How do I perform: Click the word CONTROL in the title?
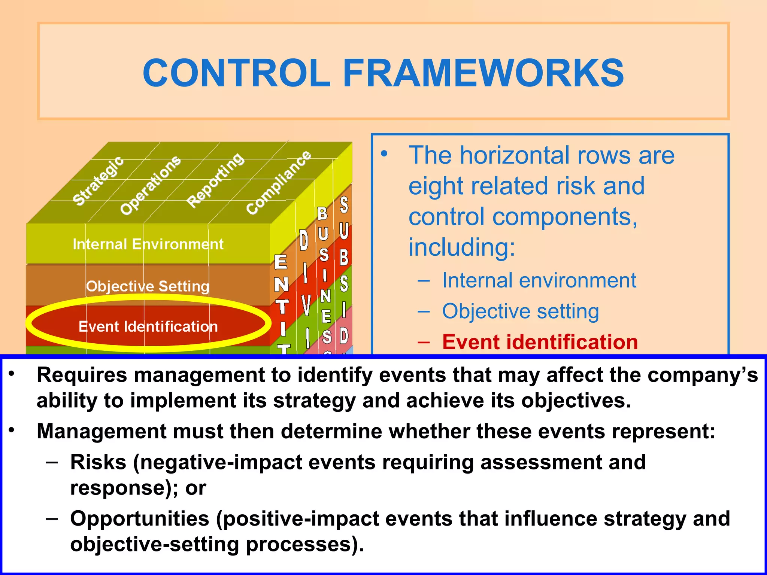tap(237, 73)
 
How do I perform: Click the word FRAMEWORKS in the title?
tap(483, 73)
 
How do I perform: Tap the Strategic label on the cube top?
tap(98, 181)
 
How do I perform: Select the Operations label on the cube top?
tap(150, 185)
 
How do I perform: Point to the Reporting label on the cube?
tap(215, 180)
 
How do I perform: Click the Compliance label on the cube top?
tap(279, 182)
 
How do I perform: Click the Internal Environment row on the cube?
tap(148, 244)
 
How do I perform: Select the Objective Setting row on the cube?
tap(148, 286)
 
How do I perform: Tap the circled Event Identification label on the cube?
tap(148, 326)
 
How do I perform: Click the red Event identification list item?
tap(540, 342)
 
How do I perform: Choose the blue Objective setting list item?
tap(520, 311)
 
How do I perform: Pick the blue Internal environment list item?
tap(539, 280)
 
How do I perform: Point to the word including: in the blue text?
tap(462, 247)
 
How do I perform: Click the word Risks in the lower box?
tap(98, 462)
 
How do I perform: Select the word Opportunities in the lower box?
tap(139, 519)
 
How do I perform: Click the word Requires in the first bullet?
tap(82, 375)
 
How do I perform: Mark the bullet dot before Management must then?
tap(12, 431)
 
